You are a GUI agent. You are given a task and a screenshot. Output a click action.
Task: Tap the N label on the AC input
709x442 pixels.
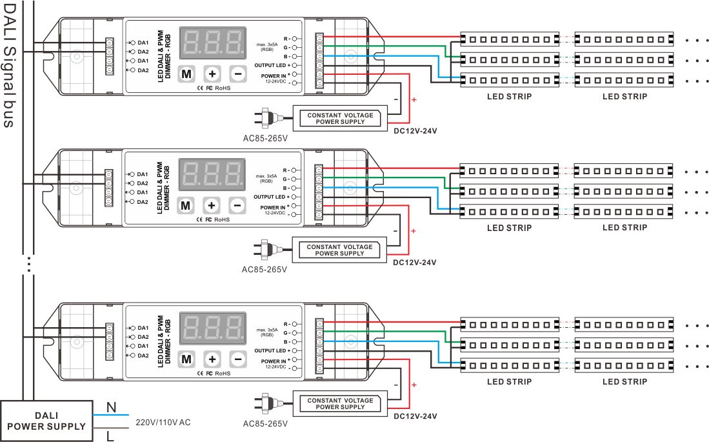[111, 407]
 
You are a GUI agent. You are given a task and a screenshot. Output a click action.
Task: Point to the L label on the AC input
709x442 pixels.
[110, 437]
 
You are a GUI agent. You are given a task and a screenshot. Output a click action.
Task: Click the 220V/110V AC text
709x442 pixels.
[163, 423]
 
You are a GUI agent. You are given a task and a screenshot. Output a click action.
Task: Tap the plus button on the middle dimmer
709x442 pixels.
[212, 205]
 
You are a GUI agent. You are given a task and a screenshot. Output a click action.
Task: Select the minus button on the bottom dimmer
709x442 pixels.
[237, 359]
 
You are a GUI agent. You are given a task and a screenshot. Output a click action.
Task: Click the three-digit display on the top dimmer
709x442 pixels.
[213, 43]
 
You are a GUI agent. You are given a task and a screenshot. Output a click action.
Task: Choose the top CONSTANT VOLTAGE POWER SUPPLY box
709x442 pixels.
[340, 118]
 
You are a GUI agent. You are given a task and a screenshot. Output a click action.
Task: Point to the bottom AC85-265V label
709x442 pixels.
[265, 424]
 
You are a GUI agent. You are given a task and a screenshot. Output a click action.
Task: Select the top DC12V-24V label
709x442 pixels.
[415, 131]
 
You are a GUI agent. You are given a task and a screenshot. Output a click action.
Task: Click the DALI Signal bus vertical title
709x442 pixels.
[10, 65]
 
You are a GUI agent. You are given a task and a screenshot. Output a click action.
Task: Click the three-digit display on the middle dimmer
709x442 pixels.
[212, 174]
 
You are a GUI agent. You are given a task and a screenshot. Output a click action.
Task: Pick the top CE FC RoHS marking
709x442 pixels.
[213, 87]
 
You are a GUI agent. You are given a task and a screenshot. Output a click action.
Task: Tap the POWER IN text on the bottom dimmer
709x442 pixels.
[274, 361]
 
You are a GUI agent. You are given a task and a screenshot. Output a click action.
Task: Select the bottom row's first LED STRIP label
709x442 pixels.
[510, 381]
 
